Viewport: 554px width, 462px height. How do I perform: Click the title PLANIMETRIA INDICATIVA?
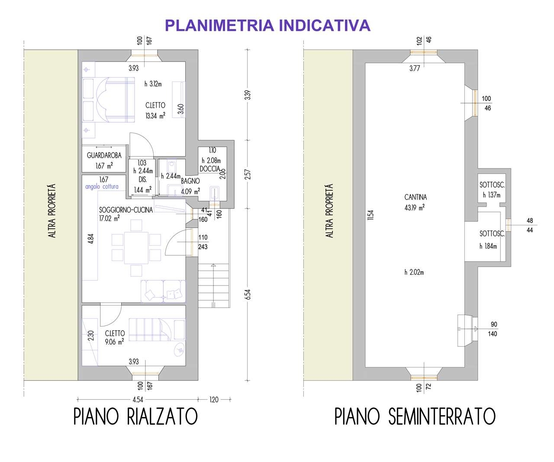267,26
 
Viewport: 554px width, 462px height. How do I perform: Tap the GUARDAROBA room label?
104,155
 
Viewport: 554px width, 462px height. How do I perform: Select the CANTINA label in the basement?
415,197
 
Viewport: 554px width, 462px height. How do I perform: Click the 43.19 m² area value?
415,208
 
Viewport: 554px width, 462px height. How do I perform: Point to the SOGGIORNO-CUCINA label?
126,210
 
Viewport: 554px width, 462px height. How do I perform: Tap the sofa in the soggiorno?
163,291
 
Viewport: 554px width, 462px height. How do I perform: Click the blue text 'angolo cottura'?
102,186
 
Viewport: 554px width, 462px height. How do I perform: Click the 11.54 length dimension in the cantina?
370,215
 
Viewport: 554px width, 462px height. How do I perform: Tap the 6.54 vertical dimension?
248,294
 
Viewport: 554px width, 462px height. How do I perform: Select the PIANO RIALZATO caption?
135,416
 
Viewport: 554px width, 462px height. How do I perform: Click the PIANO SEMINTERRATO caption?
415,416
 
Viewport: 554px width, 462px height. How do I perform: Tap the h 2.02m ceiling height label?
414,272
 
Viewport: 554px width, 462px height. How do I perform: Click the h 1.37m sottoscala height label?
492,195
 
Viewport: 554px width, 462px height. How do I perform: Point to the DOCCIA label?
210,169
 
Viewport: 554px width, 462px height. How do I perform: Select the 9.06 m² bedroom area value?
114,342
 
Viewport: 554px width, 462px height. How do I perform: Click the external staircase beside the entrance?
213,286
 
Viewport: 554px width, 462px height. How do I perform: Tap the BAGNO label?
190,181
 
